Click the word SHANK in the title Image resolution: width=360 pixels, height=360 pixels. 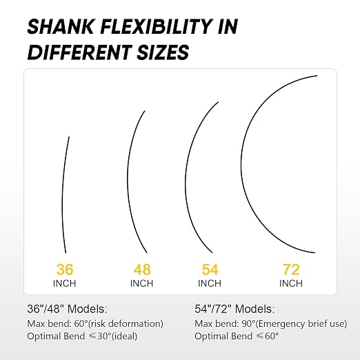tap(60, 26)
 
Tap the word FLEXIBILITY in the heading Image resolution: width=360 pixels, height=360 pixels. tap(156, 26)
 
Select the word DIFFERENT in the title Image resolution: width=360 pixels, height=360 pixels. tap(79, 52)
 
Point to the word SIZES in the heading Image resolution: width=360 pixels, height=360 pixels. tap(163, 52)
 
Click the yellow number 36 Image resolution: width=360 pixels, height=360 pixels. tap(65, 269)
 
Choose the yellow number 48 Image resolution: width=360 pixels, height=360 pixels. tap(142, 269)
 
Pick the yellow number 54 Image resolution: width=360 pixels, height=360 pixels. tap(210, 269)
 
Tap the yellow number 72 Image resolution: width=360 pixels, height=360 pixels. tap(291, 269)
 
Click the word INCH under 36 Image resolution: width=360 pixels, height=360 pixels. tap(64, 283)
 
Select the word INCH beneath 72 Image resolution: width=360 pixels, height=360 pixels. tap(291, 283)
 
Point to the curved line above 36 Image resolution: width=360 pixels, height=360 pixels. tap(63, 195)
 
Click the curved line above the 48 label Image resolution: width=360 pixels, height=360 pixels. tap(128, 181)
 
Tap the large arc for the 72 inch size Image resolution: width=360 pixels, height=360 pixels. tap(241, 164)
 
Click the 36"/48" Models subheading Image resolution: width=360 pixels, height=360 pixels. tap(67, 309)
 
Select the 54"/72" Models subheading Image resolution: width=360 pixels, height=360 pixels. tap(234, 309)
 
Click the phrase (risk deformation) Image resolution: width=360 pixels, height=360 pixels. tap(126, 323)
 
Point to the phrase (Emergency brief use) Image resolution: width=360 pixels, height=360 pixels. tap(301, 323)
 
